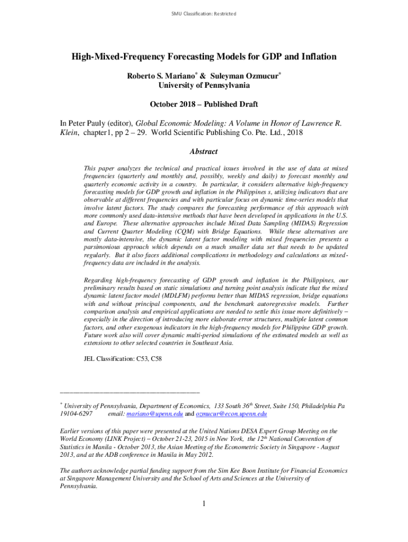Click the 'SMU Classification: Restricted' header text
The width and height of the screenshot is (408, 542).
point(203,13)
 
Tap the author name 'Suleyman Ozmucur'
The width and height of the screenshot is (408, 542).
point(252,76)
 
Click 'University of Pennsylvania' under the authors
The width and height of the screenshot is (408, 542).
point(204,85)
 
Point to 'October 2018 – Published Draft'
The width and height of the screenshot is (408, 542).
point(204,104)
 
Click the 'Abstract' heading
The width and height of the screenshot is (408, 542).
point(203,152)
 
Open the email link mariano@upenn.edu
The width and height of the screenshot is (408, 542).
point(159,414)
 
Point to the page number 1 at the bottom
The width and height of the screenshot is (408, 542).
point(203,503)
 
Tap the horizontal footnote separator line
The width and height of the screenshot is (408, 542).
point(130,392)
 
